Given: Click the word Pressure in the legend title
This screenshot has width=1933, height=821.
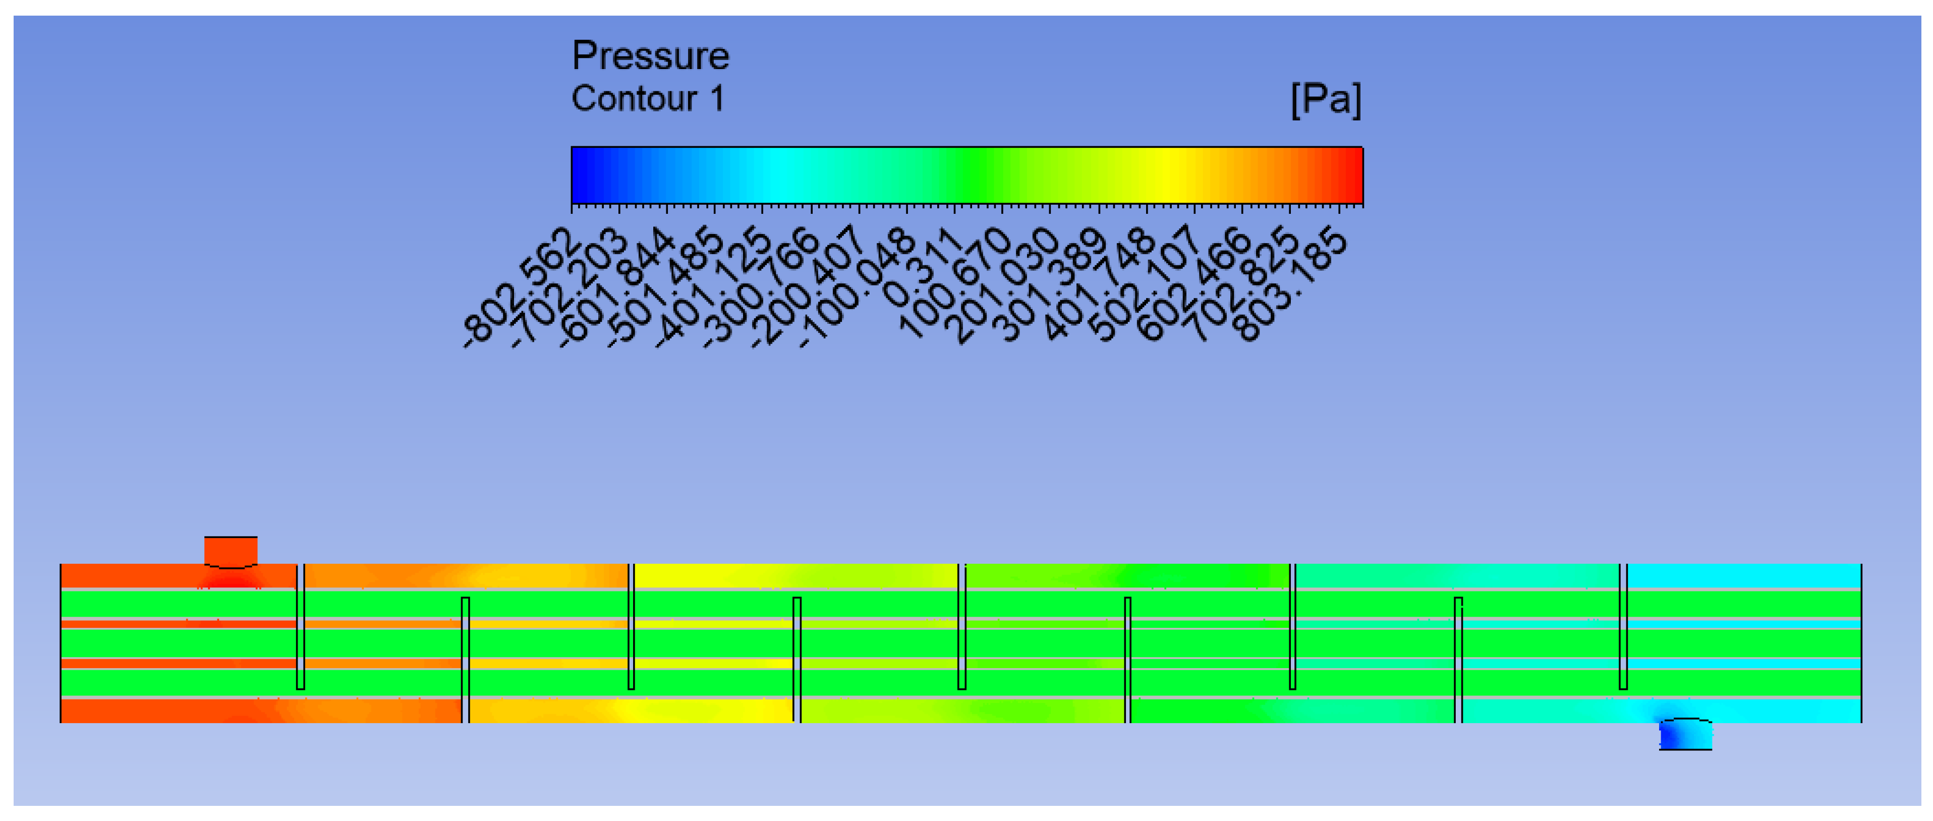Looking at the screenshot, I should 650,55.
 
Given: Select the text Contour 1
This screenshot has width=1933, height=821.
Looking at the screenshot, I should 648,98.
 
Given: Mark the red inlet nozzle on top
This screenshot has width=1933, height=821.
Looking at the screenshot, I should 231,552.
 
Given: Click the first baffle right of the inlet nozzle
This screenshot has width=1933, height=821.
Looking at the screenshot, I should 300,627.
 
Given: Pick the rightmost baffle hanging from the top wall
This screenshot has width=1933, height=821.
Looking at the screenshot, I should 1623,627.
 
